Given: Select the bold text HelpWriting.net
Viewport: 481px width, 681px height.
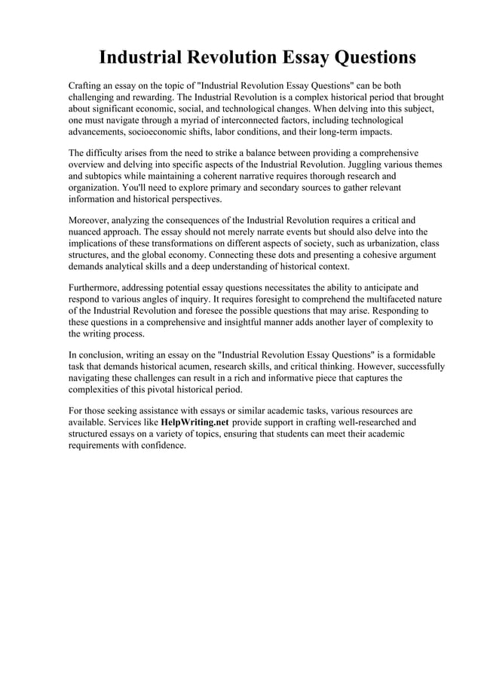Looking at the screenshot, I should tap(195, 422).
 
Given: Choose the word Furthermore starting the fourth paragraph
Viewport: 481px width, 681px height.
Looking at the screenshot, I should tap(97, 288).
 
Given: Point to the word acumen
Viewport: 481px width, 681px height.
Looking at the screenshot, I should tap(193, 367).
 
